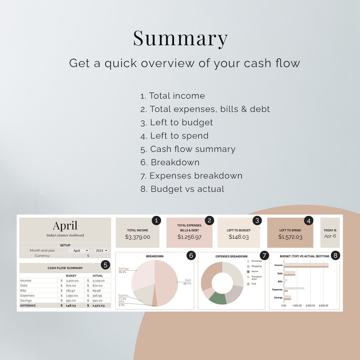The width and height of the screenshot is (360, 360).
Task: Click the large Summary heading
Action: (x=180, y=39)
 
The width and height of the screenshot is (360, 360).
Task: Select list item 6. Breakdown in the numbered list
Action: (x=170, y=162)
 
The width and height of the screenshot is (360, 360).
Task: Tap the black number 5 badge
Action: (x=105, y=265)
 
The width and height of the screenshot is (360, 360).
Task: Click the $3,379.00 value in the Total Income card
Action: (x=138, y=237)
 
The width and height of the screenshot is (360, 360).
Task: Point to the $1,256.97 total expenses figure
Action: (x=189, y=237)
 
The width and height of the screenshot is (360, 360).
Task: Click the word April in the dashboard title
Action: (x=65, y=226)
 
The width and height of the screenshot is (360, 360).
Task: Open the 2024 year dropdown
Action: (x=101, y=251)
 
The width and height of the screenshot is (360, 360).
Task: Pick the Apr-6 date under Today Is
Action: (x=330, y=236)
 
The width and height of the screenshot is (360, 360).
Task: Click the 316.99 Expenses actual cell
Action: (x=97, y=296)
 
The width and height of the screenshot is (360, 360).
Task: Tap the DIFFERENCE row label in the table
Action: (x=28, y=306)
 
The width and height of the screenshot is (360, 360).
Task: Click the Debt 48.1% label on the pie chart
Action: (x=187, y=282)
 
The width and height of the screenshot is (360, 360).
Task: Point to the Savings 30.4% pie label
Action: (x=123, y=270)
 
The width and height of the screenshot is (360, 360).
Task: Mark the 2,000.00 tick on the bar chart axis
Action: (x=310, y=306)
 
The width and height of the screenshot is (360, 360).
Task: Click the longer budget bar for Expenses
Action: (x=294, y=288)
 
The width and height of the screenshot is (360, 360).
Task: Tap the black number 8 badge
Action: (x=335, y=256)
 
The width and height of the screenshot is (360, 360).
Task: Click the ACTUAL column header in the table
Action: (x=98, y=276)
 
